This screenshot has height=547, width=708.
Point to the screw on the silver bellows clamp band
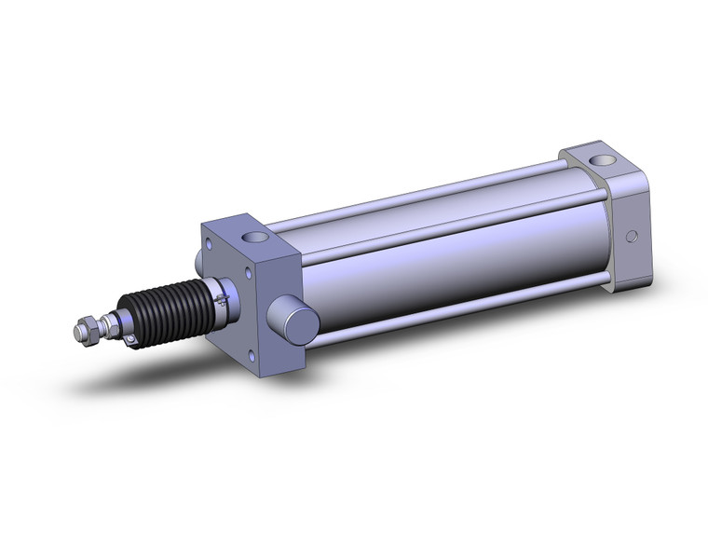[x=221, y=300]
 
